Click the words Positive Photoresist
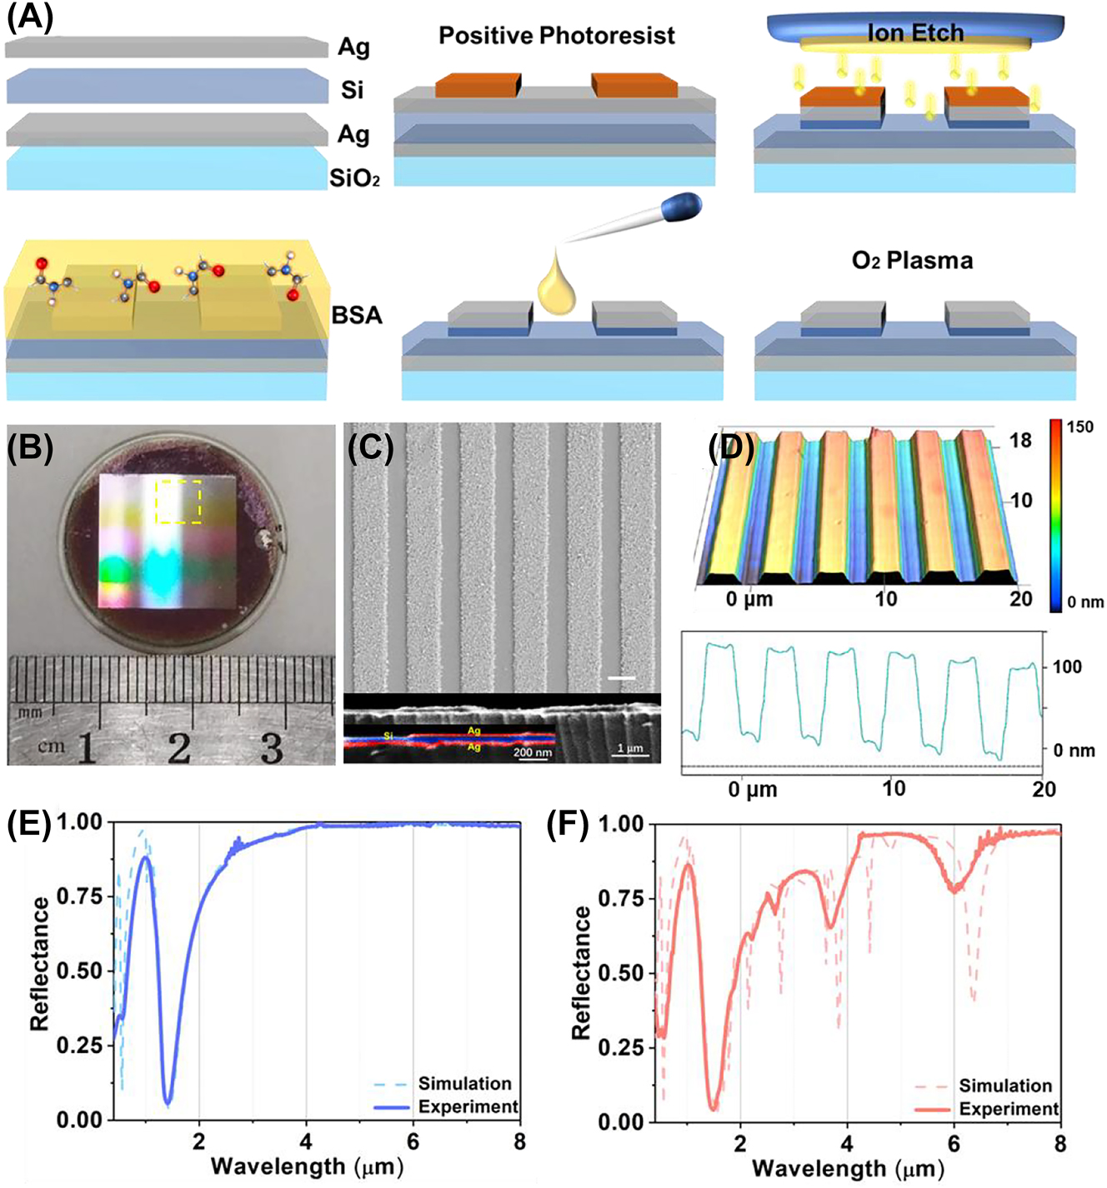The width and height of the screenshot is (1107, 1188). pyautogui.click(x=556, y=36)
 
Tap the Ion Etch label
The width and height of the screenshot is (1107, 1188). pyautogui.click(x=915, y=33)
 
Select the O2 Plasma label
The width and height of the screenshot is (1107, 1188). pyautogui.click(x=912, y=261)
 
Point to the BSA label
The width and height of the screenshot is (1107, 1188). pyautogui.click(x=357, y=316)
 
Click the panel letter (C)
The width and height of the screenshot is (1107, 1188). pyautogui.click(x=370, y=447)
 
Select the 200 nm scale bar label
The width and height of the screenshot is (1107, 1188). pyautogui.click(x=533, y=753)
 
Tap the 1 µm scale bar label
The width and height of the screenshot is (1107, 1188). pyautogui.click(x=629, y=748)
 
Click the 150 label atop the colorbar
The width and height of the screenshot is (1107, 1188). pyautogui.click(x=1079, y=428)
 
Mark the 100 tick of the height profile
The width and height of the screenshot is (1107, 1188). pyautogui.click(x=1067, y=666)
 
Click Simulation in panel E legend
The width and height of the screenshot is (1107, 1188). pyautogui.click(x=464, y=1083)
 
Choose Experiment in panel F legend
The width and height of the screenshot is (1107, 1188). pyautogui.click(x=1009, y=1109)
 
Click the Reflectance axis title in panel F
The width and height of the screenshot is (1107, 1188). pyautogui.click(x=581, y=972)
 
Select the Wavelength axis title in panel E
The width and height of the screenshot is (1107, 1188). pyautogui.click(x=308, y=1165)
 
